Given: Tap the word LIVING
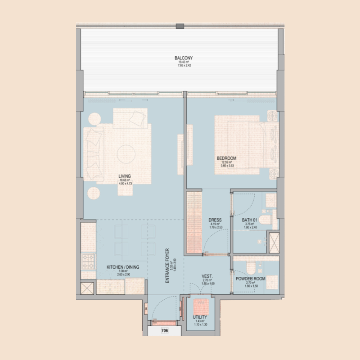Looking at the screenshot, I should click(124, 176).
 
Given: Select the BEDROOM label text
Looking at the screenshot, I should click(226, 158).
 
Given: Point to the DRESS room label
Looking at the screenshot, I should click(215, 220).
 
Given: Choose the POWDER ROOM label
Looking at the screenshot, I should click(251, 279).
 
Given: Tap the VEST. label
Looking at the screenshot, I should click(207, 276).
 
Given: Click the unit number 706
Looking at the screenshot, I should click(165, 331).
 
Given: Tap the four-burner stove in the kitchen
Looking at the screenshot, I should click(88, 260).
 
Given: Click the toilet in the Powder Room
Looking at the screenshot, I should click(252, 268).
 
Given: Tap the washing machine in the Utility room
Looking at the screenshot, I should click(200, 308).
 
